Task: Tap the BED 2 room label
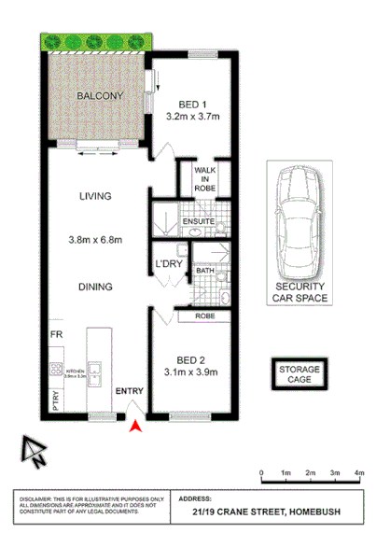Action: tap(193, 359)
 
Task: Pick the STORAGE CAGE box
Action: tap(298, 375)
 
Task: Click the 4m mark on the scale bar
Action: tap(358, 472)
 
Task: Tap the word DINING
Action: tap(96, 288)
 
